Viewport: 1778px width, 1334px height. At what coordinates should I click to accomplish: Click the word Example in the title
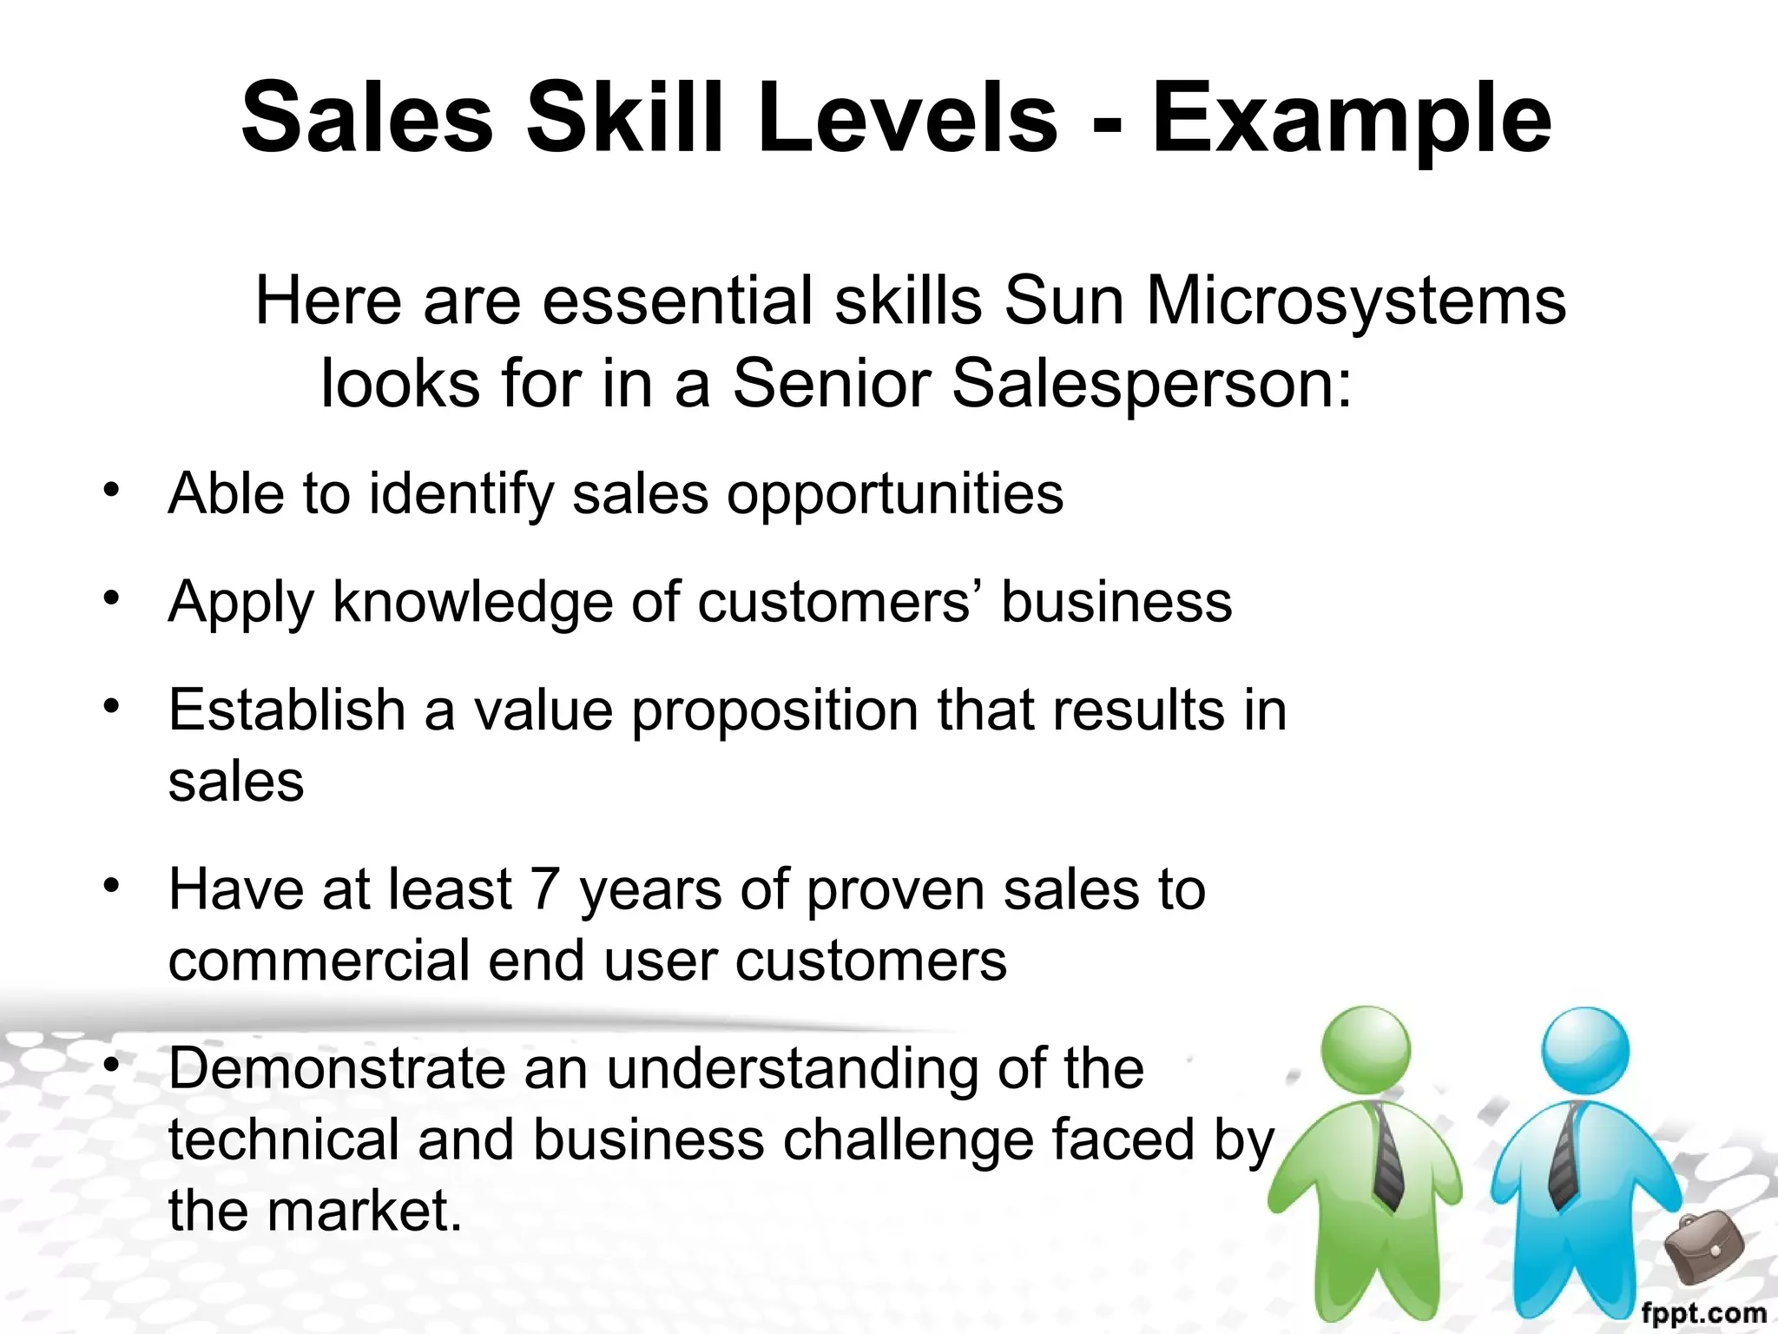(1351, 120)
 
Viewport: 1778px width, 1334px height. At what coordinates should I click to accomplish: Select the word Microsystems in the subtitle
(1356, 301)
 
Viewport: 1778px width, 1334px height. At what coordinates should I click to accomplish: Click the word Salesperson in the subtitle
(1151, 383)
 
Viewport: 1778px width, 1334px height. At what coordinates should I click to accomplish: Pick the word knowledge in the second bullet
(472, 602)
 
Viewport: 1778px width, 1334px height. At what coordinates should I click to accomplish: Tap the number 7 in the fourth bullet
(544, 889)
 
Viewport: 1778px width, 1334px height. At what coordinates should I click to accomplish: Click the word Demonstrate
(336, 1068)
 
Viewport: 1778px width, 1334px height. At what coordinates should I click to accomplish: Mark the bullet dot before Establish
(110, 706)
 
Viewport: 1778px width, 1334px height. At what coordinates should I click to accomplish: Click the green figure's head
(1366, 1049)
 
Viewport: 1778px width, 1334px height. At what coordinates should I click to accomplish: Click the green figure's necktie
(1386, 1155)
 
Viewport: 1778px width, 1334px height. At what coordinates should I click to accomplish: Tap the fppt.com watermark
(1703, 1312)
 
